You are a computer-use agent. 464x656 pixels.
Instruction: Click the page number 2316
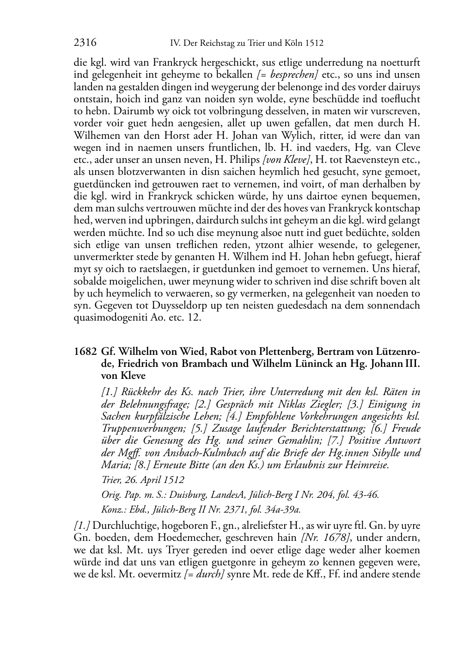tap(85, 43)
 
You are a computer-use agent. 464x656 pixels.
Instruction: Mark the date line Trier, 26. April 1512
tap(142, 480)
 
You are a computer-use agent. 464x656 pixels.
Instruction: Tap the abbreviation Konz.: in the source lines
tap(113, 509)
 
